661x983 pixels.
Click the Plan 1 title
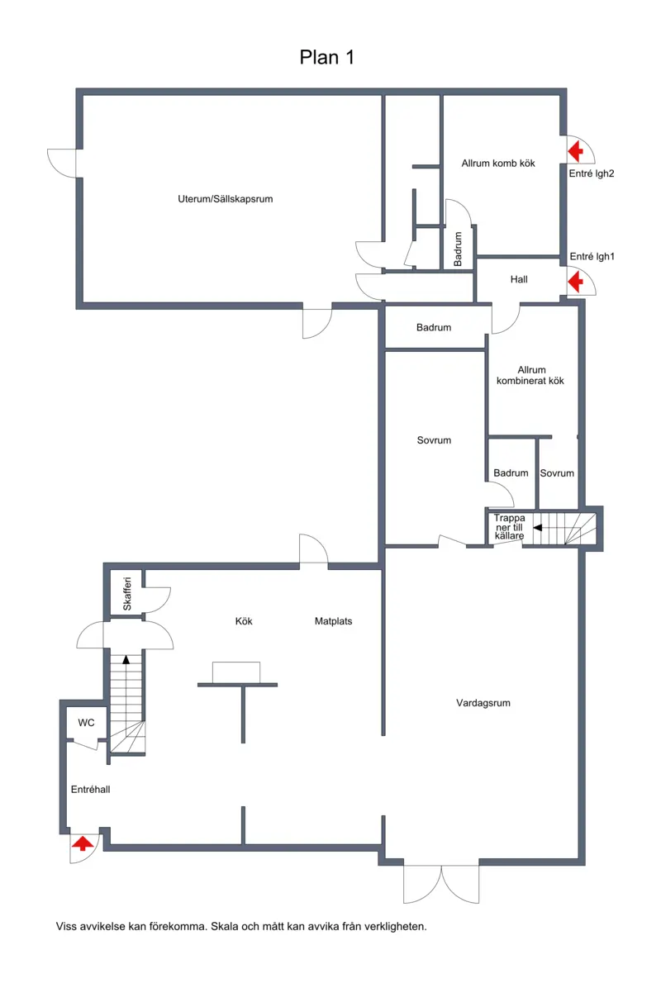point(326,58)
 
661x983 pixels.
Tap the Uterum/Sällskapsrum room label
point(225,199)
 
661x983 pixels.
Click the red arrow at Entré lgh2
point(575,152)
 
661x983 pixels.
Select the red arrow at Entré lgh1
point(575,283)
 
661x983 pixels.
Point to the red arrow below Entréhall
point(82,843)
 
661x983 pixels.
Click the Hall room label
point(519,279)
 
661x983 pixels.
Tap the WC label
point(87,723)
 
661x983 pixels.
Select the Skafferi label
point(127,594)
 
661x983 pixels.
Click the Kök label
point(244,621)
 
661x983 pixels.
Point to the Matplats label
point(333,621)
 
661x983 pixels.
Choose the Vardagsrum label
point(483,704)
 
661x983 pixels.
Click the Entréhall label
point(90,790)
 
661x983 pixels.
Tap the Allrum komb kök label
point(498,164)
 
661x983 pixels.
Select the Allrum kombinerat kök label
point(530,376)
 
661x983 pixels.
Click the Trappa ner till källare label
point(509,527)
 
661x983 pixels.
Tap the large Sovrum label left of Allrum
point(434,441)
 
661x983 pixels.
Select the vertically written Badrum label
point(458,249)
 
